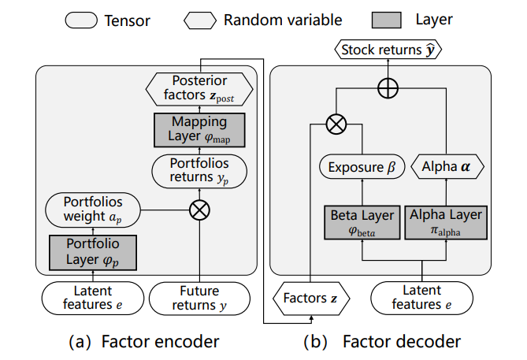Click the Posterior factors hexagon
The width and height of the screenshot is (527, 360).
pos(200,88)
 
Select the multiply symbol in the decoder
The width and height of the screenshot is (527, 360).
pos(337,124)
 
